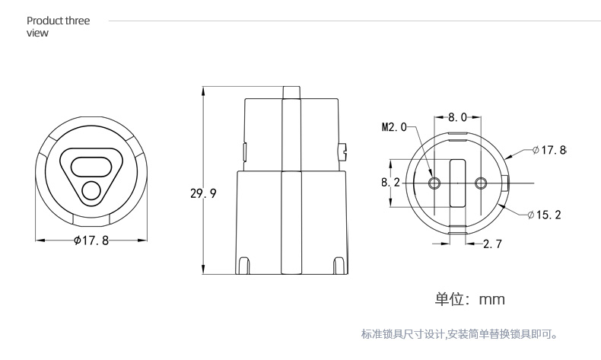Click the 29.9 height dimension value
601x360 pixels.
[203, 193]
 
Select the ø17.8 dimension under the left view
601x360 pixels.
[91, 241]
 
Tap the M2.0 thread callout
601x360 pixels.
[394, 127]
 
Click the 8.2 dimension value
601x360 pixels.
[390, 183]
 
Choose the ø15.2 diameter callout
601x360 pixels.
[544, 215]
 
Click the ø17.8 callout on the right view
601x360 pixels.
[549, 150]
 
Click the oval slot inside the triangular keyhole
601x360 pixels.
[91, 163]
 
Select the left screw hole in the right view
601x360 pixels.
[434, 183]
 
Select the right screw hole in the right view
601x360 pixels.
[480, 183]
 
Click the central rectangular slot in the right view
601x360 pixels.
[457, 183]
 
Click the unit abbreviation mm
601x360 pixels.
[491, 300]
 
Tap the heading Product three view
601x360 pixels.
[58, 27]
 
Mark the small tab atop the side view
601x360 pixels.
[292, 92]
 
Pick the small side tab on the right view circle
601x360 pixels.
[506, 183]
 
